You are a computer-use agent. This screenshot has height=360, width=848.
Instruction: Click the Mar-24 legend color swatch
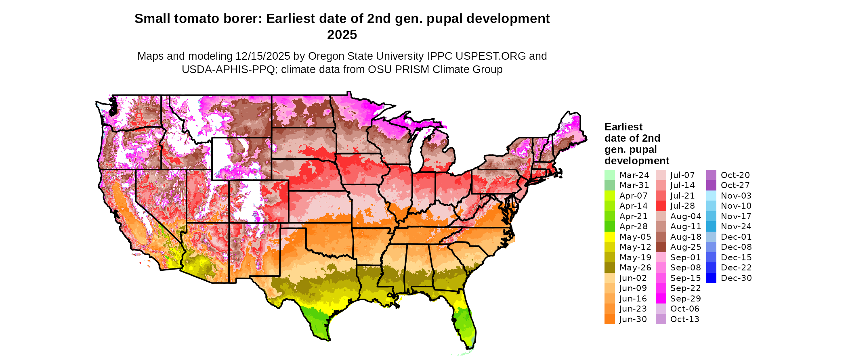click(x=609, y=175)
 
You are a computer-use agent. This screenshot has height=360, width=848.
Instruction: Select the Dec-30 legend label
click(x=736, y=278)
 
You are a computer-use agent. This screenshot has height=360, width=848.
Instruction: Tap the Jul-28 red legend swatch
click(x=661, y=206)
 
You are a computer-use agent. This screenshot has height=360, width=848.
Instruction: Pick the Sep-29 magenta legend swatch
click(x=661, y=299)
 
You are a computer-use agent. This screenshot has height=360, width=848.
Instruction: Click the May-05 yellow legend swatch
click(x=609, y=237)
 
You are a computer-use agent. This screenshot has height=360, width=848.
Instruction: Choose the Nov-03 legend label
click(x=736, y=196)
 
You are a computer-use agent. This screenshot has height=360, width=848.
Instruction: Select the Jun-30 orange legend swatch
click(x=609, y=319)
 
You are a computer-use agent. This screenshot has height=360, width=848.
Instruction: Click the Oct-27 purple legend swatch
click(x=711, y=185)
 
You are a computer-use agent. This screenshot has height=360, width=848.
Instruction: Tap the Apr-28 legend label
click(x=633, y=226)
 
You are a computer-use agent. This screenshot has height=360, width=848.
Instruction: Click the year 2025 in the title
click(x=342, y=35)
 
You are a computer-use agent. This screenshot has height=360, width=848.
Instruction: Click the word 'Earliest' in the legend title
click(x=623, y=127)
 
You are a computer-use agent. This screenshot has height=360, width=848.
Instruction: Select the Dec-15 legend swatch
click(x=711, y=257)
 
